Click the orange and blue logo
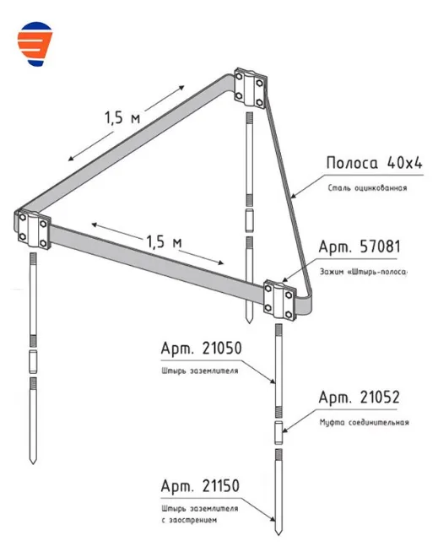click(x=35, y=44)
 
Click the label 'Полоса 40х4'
click(x=374, y=163)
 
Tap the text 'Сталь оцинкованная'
click(x=367, y=187)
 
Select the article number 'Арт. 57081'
click(x=360, y=246)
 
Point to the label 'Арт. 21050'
click(x=202, y=349)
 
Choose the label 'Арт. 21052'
click(x=360, y=397)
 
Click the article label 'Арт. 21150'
click(x=200, y=486)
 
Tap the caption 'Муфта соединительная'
click(x=364, y=422)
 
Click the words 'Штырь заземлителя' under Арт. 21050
click(x=200, y=371)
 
